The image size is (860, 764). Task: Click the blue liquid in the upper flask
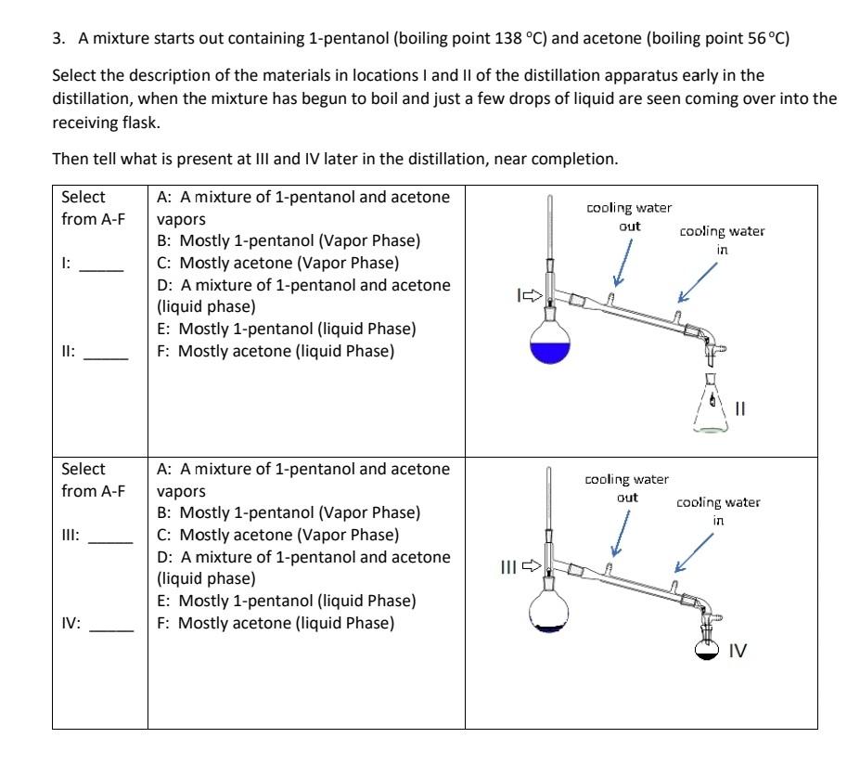coord(549,350)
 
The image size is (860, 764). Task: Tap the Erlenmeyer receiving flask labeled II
coord(712,408)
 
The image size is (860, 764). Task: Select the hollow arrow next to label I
coord(530,296)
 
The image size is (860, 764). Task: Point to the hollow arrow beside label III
coord(531,564)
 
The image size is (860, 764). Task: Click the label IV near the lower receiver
coord(738,651)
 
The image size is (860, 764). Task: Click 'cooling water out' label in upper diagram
coord(629,216)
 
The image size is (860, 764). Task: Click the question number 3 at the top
coord(58,39)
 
